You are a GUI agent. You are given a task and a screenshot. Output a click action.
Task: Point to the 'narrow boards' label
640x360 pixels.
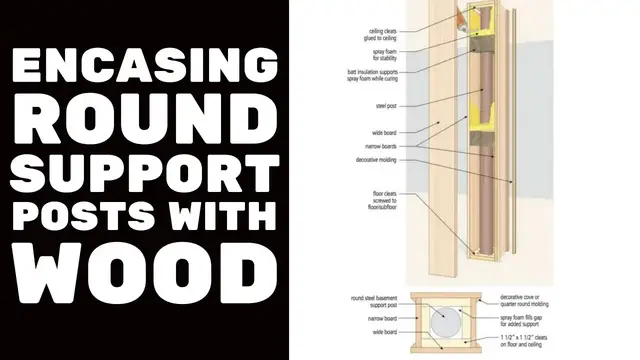click(381, 146)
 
